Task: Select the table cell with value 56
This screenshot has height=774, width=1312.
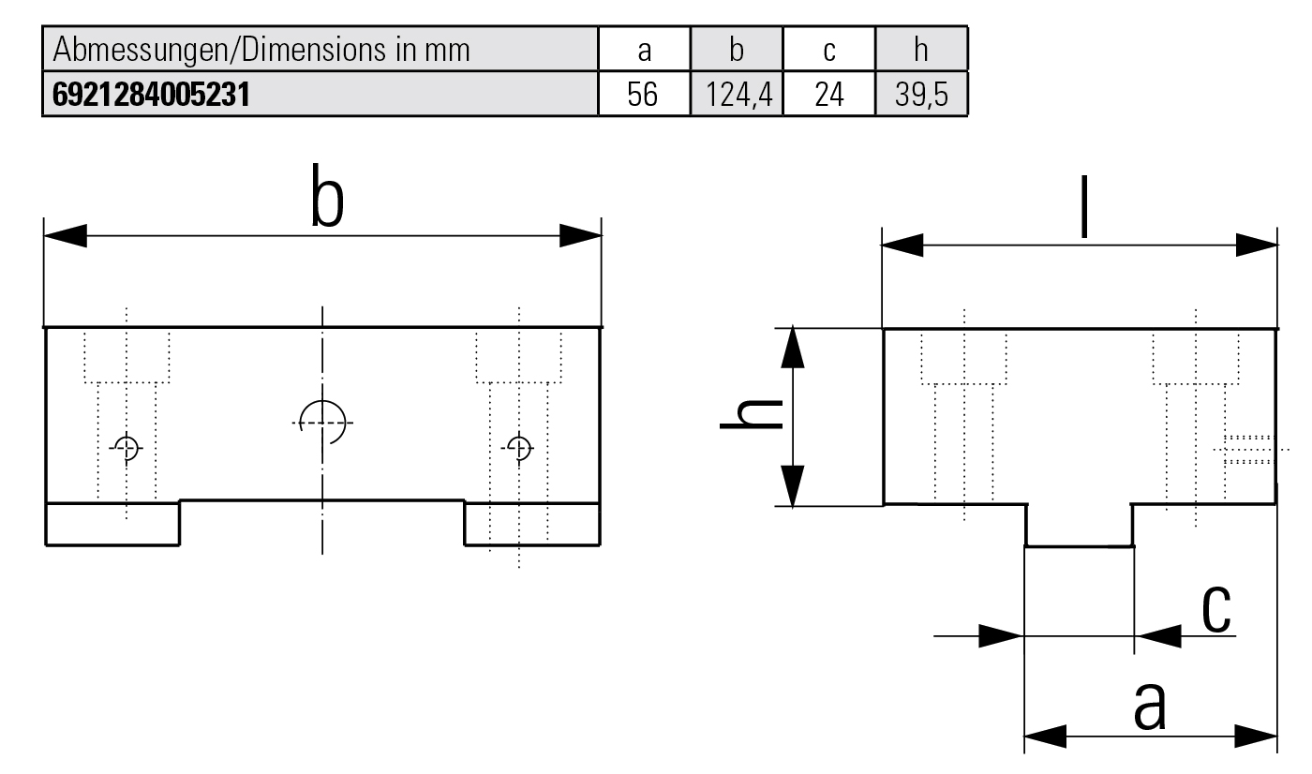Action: pos(643,97)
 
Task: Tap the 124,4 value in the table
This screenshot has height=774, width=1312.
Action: pos(736,97)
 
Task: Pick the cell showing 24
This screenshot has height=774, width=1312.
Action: pos(828,97)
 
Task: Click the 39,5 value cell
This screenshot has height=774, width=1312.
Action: pos(920,97)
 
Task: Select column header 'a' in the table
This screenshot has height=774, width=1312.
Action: pos(643,50)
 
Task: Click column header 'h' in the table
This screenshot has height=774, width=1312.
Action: pos(920,50)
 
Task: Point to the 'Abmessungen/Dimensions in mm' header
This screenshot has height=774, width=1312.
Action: pos(262,50)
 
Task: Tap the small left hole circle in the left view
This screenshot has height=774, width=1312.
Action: pos(127,448)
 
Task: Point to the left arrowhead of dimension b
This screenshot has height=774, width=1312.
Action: pos(66,236)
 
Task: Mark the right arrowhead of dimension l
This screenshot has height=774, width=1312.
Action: pos(1257,246)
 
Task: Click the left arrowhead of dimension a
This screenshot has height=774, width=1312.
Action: pos(1046,737)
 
